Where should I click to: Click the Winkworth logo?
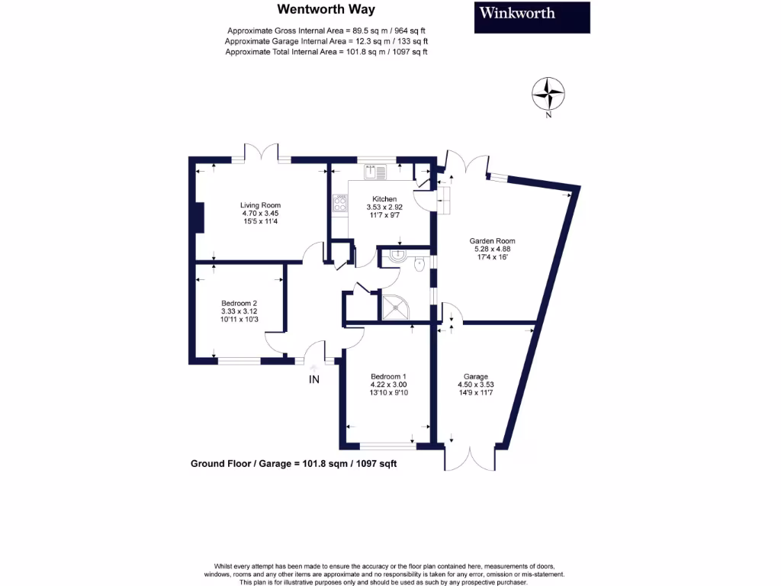(532, 17)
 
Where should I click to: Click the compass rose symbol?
(548, 94)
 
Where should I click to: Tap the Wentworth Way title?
(320, 10)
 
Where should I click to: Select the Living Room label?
(261, 205)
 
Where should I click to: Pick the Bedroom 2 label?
(239, 301)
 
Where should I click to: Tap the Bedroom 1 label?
(388, 376)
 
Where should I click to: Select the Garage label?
(476, 376)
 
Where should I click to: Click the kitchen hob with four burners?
(340, 203)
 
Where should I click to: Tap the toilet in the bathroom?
(419, 265)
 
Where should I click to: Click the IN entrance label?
(313, 379)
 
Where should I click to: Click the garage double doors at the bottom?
(470, 457)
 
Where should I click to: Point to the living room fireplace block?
(200, 217)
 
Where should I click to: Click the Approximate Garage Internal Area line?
(326, 41)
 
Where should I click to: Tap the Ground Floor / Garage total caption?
(294, 463)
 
